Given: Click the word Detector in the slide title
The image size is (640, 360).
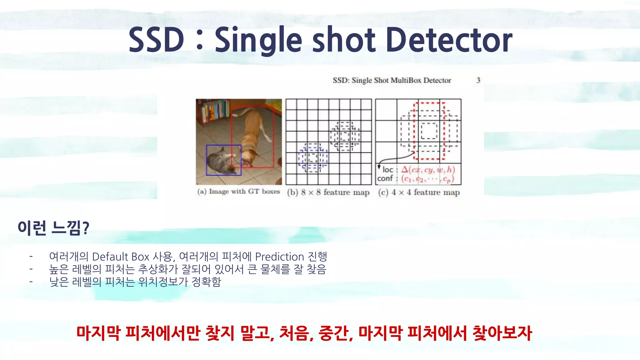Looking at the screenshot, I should click(x=449, y=40).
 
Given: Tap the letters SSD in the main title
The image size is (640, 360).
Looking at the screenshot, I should click(x=156, y=40).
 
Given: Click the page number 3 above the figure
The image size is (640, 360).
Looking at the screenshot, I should click(x=478, y=80).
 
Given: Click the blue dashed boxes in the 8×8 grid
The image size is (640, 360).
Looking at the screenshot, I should click(x=313, y=158).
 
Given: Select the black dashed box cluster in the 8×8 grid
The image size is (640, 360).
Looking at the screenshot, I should click(x=345, y=136).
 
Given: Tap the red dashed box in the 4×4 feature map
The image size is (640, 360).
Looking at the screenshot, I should click(x=429, y=131).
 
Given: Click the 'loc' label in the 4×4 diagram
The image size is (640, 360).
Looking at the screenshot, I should click(x=388, y=170).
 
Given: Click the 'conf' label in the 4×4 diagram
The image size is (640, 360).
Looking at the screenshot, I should click(x=385, y=178).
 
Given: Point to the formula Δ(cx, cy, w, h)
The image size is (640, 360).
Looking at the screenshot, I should click(x=428, y=170).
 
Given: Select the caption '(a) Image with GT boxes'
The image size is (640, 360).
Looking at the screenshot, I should click(x=238, y=192).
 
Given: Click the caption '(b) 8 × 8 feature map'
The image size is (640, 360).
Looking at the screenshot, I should click(x=328, y=192).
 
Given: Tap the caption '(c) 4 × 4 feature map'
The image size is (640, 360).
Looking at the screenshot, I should click(x=419, y=192).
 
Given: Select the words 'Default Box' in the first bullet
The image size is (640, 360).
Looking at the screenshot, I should click(x=121, y=257).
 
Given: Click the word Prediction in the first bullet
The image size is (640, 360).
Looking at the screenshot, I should click(x=279, y=257).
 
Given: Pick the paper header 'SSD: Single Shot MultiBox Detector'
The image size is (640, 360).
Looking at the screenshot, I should click(x=392, y=80).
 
